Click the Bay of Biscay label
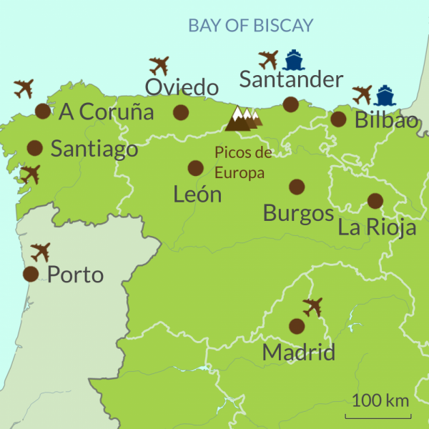250,26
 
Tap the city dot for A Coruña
43,111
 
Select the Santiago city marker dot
34,148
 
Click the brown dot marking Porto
31,274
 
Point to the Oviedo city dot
181,112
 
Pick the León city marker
195,168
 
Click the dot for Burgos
297,187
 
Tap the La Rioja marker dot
375,201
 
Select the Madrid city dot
297,326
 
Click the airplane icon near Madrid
312,307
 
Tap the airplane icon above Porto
41,252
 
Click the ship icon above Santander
292,59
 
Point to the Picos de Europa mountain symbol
243,119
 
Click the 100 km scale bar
378,415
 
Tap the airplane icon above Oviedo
159,66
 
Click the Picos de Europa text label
243,162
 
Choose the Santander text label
291,79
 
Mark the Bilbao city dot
338,119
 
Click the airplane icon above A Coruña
24,89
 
